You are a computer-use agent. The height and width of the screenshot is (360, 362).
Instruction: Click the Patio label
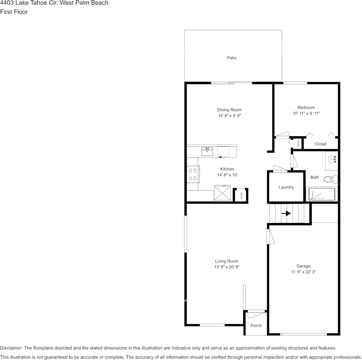(232, 58)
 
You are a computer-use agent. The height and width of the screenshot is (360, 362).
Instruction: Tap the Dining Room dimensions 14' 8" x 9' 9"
(229, 116)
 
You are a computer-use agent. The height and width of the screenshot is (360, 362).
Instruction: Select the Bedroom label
(306, 108)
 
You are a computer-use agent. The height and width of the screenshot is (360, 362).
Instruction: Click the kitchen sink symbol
(207, 152)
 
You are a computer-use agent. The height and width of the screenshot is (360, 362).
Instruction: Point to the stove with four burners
(192, 174)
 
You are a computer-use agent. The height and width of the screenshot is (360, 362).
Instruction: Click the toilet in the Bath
(330, 178)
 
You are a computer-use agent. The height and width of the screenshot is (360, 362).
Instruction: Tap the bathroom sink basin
(332, 159)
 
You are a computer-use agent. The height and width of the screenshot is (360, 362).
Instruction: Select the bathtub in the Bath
(322, 194)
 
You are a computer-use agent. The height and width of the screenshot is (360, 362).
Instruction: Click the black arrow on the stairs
(286, 213)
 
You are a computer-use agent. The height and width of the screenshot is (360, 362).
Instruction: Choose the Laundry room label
(286, 187)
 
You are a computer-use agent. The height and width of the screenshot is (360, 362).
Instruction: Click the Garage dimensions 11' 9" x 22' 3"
(303, 272)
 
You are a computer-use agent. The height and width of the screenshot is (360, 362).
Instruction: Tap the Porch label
(256, 326)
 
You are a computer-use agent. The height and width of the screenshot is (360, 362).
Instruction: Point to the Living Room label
(227, 261)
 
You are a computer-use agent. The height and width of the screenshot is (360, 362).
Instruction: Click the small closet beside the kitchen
(241, 196)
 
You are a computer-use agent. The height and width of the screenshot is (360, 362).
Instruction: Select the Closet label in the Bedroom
(321, 144)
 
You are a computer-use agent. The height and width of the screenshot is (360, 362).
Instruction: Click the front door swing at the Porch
(255, 314)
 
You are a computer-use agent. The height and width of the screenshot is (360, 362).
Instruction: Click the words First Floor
(14, 12)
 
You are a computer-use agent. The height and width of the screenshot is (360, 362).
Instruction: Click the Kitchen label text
(227, 169)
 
